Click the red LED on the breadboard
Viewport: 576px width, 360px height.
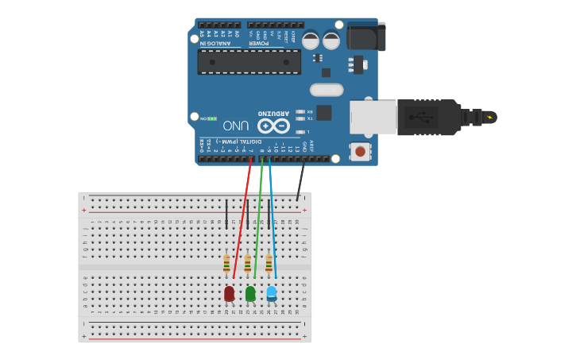coord(229,293)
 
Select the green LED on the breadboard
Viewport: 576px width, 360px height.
coord(250,293)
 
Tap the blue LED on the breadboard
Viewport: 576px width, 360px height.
coord(272,293)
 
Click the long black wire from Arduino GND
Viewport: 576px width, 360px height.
coord(300,179)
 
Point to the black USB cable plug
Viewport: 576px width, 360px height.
coord(429,118)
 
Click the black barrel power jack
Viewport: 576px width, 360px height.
coord(366,37)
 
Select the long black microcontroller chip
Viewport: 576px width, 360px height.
coord(249,62)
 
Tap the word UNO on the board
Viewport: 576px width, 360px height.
coord(236,126)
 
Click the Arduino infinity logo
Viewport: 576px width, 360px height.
coord(273,126)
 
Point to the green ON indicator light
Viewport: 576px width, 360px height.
coord(212,118)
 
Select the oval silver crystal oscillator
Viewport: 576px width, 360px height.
coord(327,90)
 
